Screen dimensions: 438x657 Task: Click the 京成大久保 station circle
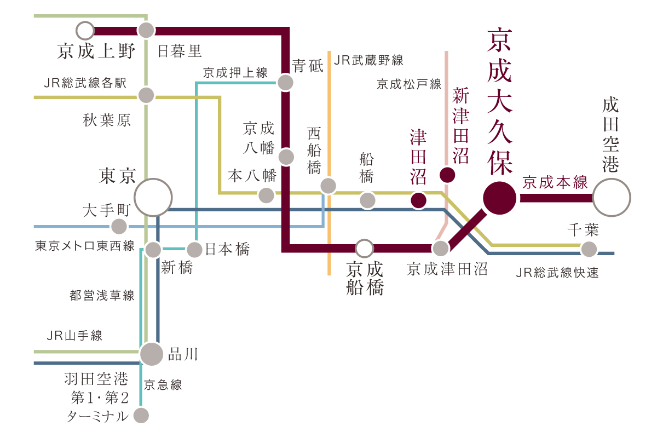(499, 198)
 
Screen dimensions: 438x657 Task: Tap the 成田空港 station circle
(612, 198)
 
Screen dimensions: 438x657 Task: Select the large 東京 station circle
(153, 197)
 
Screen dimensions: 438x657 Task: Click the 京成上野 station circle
(85, 31)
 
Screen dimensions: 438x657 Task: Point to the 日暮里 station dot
(146, 31)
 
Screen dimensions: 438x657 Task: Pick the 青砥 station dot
(285, 83)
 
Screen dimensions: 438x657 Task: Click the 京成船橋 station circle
(364, 249)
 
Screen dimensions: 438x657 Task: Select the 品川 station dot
(152, 354)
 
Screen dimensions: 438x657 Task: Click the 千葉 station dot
(589, 249)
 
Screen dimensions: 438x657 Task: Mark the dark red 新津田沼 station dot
(447, 175)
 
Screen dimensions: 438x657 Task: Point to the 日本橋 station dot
(195, 250)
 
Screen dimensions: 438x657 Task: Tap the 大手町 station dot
(118, 226)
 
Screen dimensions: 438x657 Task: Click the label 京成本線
(555, 182)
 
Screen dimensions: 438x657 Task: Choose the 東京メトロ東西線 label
(85, 246)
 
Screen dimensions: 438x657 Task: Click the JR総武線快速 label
(557, 272)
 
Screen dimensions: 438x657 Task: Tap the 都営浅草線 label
(102, 296)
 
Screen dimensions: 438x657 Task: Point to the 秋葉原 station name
(107, 120)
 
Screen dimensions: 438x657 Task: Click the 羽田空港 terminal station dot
(141, 416)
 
